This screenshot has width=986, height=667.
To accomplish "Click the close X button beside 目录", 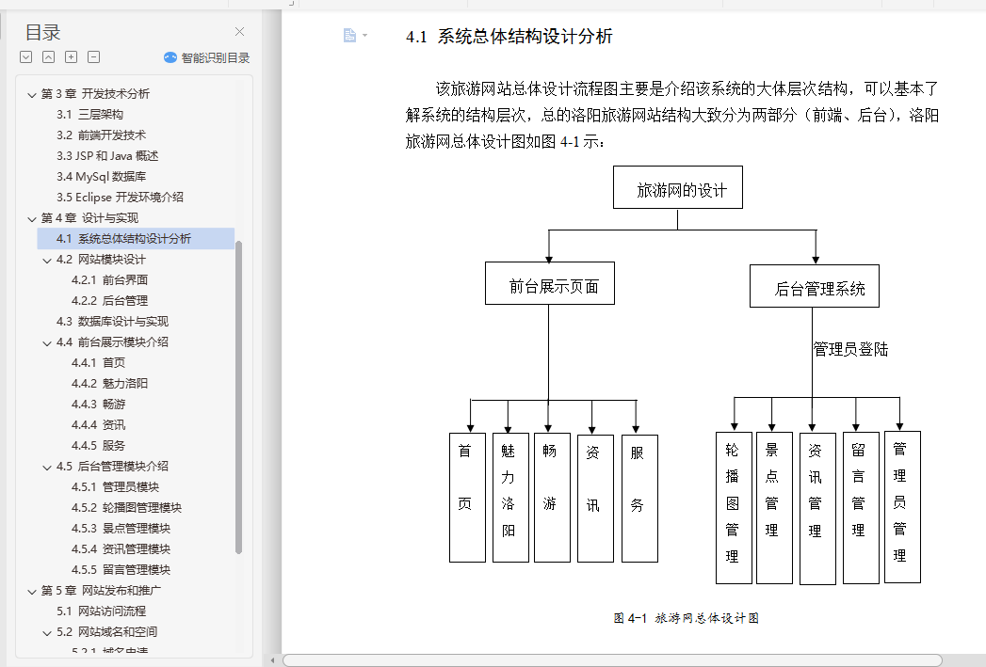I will click(239, 32).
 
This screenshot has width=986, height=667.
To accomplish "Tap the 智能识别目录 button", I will click(206, 57).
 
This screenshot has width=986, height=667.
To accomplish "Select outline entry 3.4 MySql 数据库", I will click(101, 176).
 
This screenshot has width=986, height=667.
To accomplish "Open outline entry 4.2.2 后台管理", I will click(109, 300).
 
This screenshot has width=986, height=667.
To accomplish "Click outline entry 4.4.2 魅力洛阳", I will click(109, 383).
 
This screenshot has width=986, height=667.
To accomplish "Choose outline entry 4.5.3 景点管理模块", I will click(121, 528).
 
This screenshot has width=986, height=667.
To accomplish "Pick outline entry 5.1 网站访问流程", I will click(101, 611).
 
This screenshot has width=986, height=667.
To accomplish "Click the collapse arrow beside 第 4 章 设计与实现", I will click(32, 218).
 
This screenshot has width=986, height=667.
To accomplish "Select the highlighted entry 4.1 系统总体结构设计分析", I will click(123, 239).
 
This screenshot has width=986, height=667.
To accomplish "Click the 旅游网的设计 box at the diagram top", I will click(678, 189).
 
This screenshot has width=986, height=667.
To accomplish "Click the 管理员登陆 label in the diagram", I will click(850, 350).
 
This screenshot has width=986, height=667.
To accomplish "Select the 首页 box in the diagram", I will click(467, 498).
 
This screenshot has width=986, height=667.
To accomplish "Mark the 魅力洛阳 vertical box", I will click(510, 497).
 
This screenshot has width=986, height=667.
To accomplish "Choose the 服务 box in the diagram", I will click(639, 498).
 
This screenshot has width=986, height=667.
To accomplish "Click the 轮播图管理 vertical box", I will click(734, 508).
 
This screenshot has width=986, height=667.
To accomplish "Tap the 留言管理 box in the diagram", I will click(860, 508).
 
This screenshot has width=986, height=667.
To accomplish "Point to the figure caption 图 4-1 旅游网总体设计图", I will click(686, 618).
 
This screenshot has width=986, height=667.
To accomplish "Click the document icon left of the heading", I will click(349, 36).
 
